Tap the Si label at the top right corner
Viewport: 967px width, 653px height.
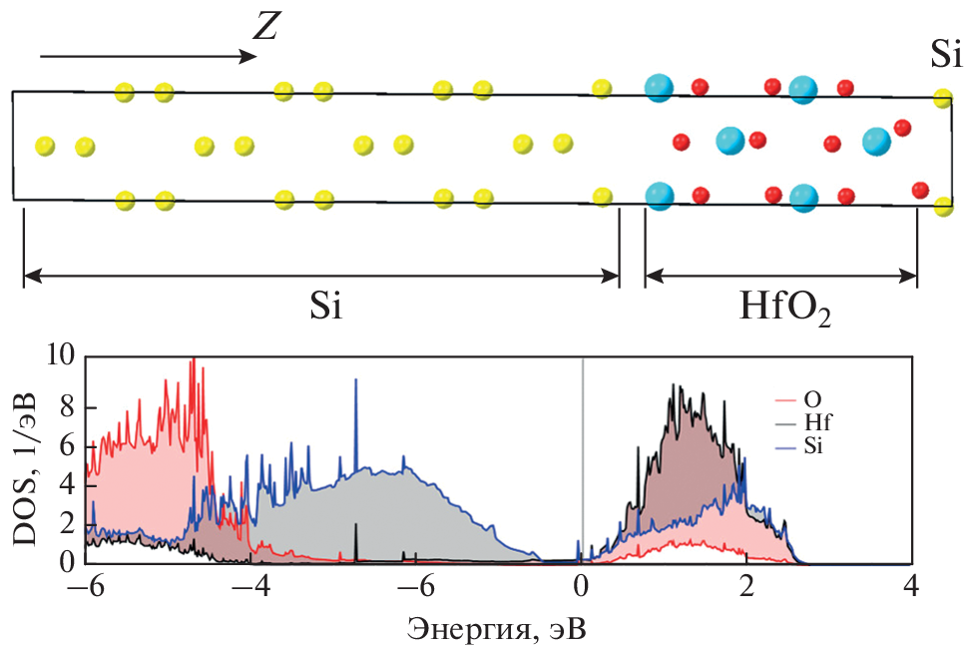pos(945,55)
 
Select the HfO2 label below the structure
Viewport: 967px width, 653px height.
pos(785,311)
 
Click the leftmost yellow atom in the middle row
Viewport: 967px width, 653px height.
pos(45,146)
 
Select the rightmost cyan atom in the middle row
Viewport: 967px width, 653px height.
pos(877,141)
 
